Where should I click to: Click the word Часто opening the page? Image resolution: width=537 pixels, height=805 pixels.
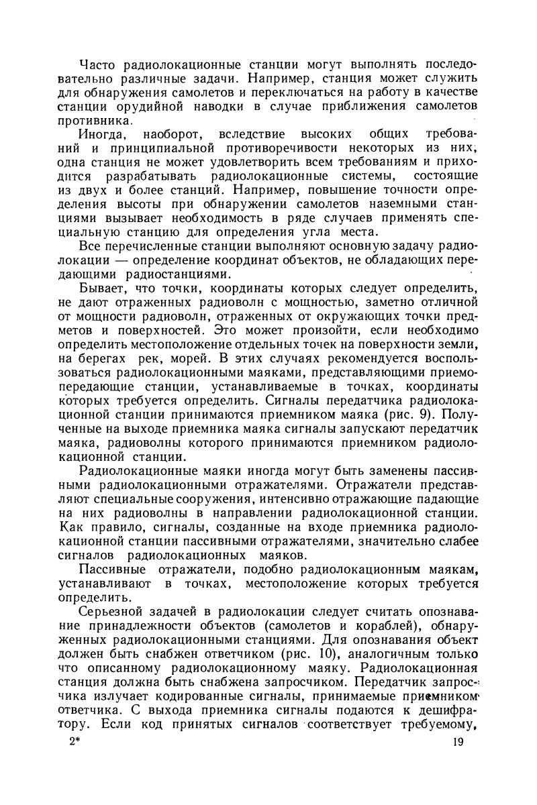click(97, 64)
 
